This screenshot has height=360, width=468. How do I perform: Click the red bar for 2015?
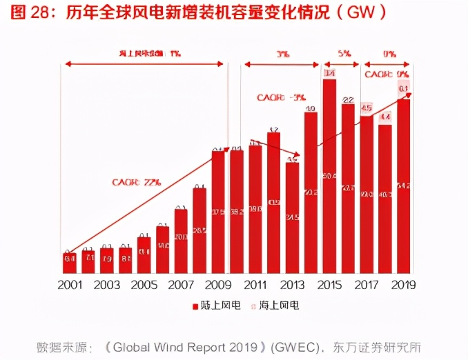point(329,179)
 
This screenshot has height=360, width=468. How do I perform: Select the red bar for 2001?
point(70,263)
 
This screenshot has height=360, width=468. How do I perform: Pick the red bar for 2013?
point(293,217)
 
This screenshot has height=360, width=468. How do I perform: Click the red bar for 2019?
point(404,186)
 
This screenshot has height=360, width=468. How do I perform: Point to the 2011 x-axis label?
point(256,285)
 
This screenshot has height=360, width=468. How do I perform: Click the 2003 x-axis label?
point(107,285)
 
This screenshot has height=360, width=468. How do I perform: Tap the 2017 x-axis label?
point(367,285)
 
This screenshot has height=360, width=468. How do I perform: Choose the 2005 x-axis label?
point(144,285)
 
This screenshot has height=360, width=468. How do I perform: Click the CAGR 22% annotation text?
point(137,182)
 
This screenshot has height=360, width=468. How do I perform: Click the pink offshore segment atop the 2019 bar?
point(404,89)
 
